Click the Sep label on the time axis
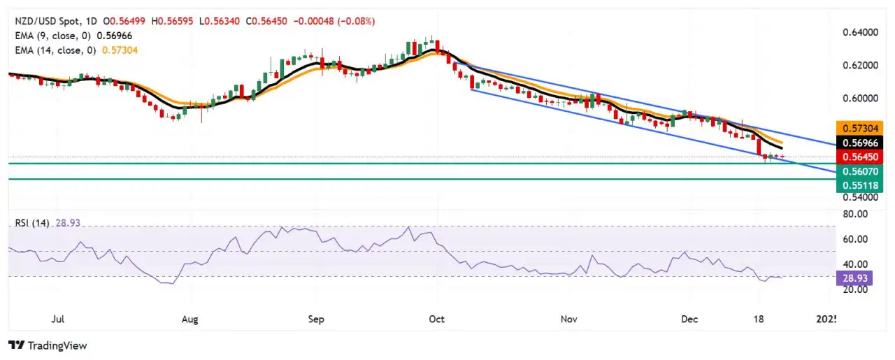coord(316,319)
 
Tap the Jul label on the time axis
coord(58,319)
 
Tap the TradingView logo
coord(47,345)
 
